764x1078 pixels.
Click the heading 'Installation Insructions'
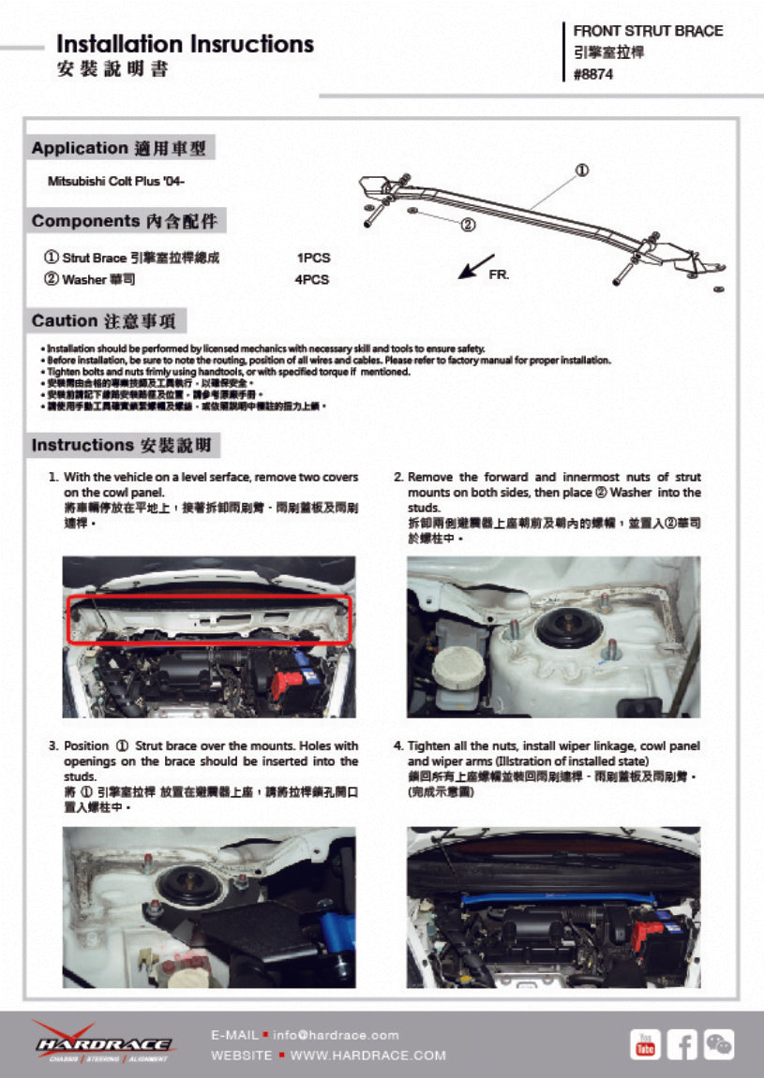(x=185, y=44)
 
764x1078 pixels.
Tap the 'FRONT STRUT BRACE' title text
(x=648, y=31)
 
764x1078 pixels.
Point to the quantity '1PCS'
(x=313, y=258)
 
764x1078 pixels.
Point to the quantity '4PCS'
(x=313, y=279)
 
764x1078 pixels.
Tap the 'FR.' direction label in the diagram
(x=499, y=275)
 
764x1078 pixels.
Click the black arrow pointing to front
(x=476, y=266)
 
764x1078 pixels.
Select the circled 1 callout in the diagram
(x=581, y=170)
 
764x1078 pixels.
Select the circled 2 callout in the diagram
(x=468, y=225)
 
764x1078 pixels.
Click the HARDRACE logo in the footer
(x=103, y=1042)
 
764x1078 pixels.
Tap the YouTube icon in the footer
(x=645, y=1043)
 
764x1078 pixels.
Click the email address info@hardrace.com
(x=337, y=1035)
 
